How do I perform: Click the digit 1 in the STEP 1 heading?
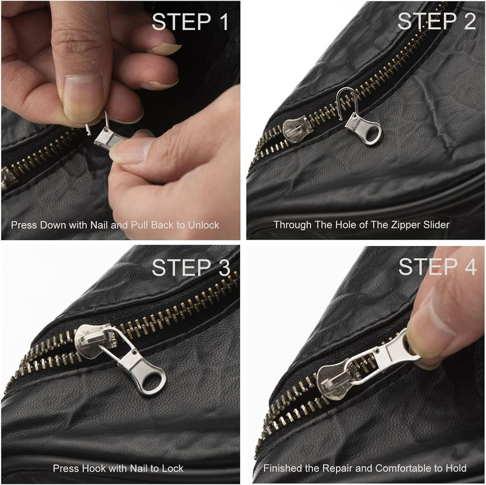[x=223, y=22]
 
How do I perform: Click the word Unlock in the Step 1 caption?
[x=204, y=225]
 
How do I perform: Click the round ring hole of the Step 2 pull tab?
[x=371, y=134]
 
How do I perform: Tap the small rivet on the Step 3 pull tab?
[x=134, y=353]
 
